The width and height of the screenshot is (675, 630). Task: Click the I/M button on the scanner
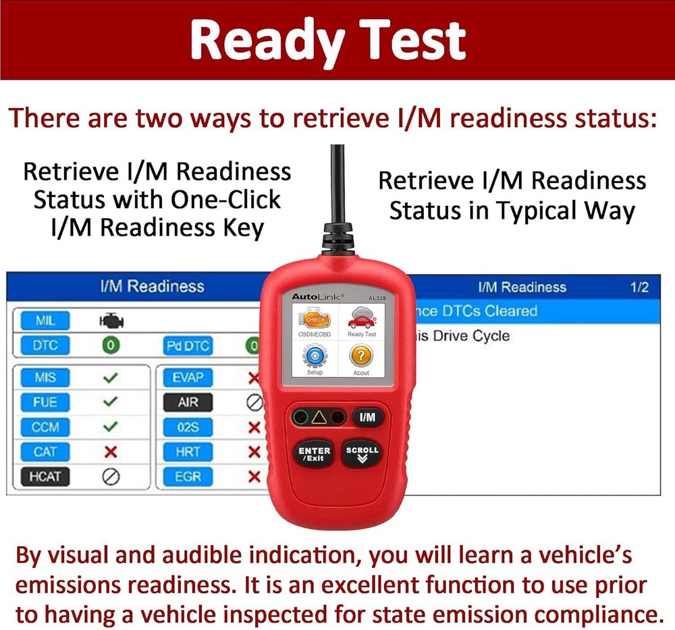tap(367, 417)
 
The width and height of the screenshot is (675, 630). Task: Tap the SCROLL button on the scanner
tap(362, 454)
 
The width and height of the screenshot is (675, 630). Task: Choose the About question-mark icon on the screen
tap(361, 356)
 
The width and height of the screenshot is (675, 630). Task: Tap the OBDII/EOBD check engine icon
tap(315, 319)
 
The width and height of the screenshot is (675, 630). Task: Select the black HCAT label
tap(45, 476)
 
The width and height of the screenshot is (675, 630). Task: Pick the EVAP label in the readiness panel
tap(188, 377)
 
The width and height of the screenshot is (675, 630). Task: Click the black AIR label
tap(188, 402)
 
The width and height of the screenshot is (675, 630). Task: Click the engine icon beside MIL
tap(111, 321)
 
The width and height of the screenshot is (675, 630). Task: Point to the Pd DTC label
tap(188, 346)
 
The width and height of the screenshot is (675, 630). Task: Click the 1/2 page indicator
tap(639, 287)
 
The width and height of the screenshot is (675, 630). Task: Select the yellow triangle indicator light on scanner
tap(319, 417)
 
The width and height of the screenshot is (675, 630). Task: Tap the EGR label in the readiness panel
tap(188, 476)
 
